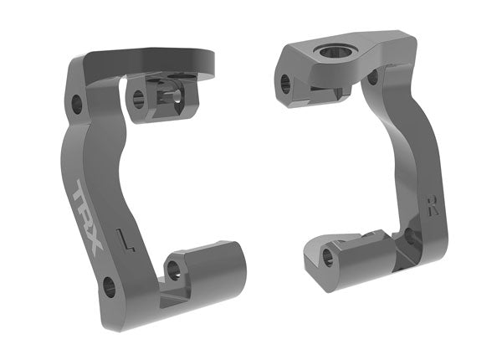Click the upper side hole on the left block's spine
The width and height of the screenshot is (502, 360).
(x=76, y=105)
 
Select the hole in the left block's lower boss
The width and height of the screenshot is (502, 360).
(x=174, y=270)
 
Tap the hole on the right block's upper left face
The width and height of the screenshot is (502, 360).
(x=285, y=82)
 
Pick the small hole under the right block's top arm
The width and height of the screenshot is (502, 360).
(x=371, y=78)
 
